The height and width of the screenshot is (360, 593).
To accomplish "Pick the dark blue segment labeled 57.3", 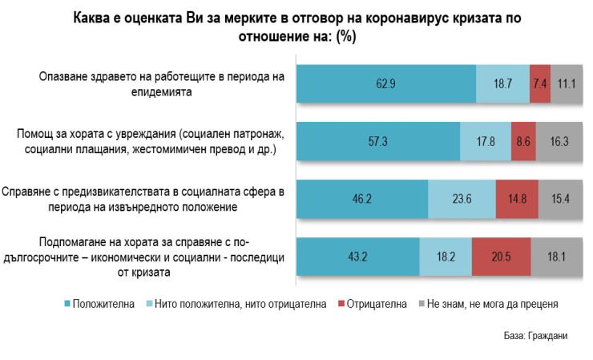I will pyautogui.click(x=378, y=141).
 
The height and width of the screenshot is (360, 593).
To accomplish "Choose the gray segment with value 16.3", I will pyautogui.click(x=559, y=141).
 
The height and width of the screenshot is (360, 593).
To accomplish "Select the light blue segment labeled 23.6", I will pyautogui.click(x=462, y=200).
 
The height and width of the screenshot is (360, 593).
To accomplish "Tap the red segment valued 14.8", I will pyautogui.click(x=517, y=200).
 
